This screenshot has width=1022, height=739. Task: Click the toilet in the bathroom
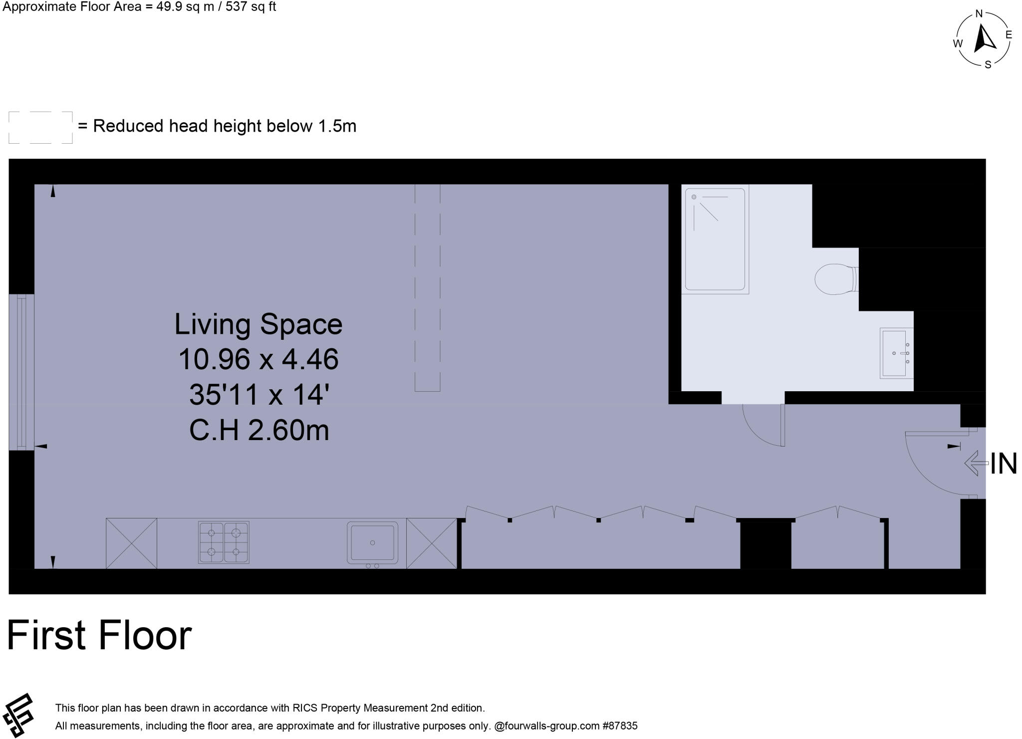(834, 279)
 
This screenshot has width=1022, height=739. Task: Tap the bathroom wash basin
(895, 353)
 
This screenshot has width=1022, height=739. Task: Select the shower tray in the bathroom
(715, 240)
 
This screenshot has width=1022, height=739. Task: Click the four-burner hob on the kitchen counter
(224, 542)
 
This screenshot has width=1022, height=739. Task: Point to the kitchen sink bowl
(372, 542)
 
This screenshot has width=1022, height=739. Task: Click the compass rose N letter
(979, 14)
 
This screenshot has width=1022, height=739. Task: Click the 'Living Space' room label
(258, 324)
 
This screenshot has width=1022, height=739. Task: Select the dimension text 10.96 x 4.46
(258, 359)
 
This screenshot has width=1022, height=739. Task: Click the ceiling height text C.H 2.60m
(259, 430)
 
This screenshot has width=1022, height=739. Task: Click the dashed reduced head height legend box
(40, 128)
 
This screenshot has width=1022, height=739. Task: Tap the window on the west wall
(21, 372)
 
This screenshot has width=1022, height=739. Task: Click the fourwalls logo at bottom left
(18, 715)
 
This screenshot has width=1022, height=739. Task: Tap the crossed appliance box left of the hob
(131, 543)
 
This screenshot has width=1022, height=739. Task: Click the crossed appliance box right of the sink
(431, 543)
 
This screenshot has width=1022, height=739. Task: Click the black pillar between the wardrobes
(765, 544)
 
